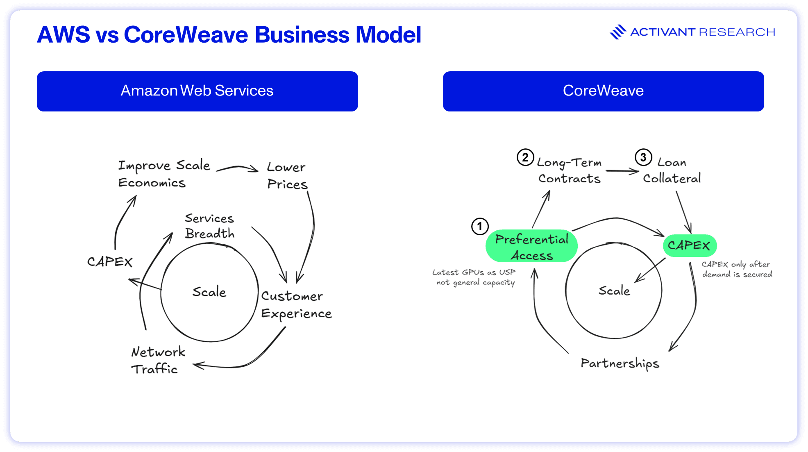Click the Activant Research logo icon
coord(618,32)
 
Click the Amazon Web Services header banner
coord(197,91)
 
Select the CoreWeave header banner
coord(603,91)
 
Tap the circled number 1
coord(480,226)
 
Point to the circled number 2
coord(525,157)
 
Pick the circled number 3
coord(643,157)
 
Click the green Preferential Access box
coord(531,246)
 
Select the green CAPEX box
coord(689,245)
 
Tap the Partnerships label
coord(620,363)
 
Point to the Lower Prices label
coord(287,175)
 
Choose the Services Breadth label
coord(209,226)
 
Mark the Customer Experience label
coord(296,305)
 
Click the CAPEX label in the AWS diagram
coord(110,262)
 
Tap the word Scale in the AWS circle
coord(209,292)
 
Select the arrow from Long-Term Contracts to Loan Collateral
coord(622,171)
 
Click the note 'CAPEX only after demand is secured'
coord(737,269)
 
